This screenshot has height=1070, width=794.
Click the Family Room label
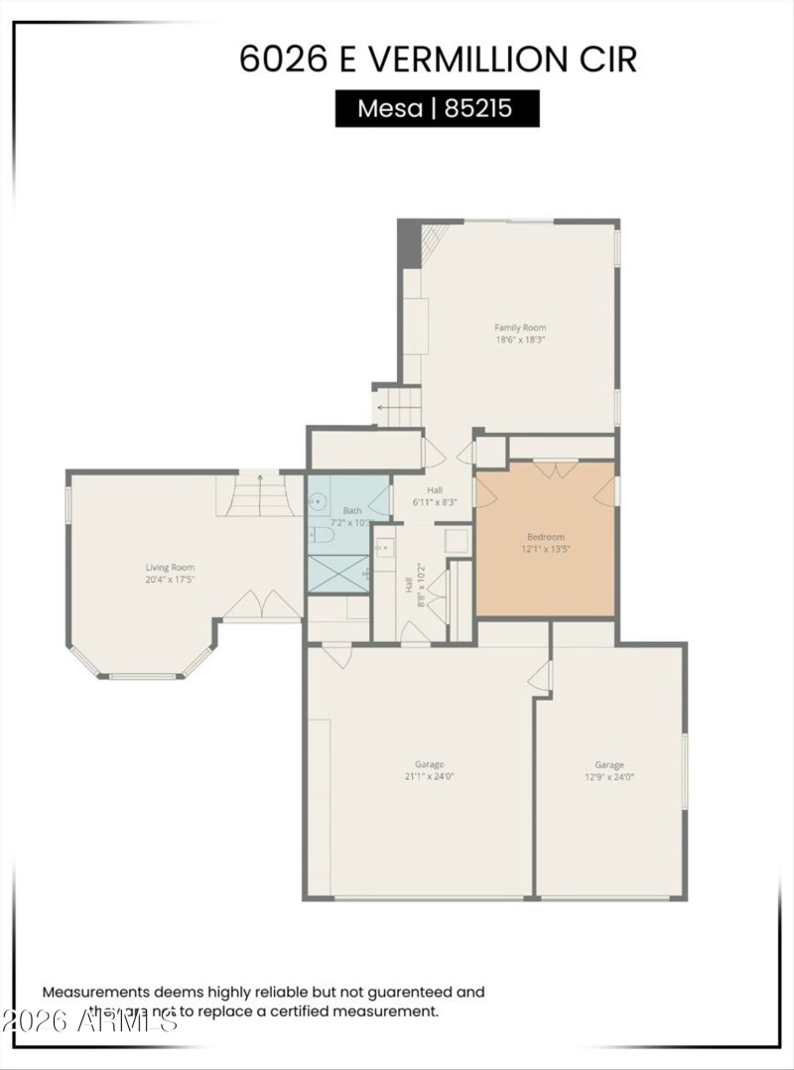[520, 328]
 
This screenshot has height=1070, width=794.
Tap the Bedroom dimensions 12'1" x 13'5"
[546, 548]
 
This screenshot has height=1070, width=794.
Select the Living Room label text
[170, 568]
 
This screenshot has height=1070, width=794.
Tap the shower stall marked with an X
[337, 574]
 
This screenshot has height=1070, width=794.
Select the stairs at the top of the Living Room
[260, 495]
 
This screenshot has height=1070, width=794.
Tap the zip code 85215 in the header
[478, 108]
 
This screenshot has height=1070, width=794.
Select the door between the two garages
[541, 676]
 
